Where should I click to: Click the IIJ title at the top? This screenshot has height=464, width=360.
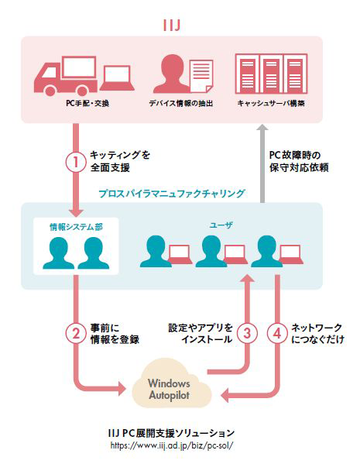[172, 25]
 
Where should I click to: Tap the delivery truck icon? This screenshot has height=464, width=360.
[66, 76]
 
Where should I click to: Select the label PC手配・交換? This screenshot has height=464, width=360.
[87, 103]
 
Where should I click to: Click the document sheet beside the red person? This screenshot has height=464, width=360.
[201, 76]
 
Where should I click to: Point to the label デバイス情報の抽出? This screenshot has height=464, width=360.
[180, 103]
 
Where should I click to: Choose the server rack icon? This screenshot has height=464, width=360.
[271, 74]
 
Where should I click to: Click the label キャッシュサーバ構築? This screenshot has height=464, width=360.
[271, 103]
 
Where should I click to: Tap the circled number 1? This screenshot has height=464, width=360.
[76, 162]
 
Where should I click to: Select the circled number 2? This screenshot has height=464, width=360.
[76, 334]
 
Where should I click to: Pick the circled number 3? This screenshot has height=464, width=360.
[247, 334]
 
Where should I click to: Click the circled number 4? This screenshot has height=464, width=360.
[277, 334]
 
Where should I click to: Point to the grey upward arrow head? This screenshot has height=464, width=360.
[262, 128]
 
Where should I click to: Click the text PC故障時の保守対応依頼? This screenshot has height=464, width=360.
[299, 161]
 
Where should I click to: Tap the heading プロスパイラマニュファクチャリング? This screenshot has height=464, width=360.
[172, 194]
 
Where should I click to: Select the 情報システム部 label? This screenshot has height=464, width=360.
[76, 227]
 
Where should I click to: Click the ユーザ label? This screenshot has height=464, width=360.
[221, 225]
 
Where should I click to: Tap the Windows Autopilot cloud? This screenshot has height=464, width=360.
[171, 383]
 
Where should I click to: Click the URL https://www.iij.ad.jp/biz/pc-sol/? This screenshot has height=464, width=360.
[172, 445]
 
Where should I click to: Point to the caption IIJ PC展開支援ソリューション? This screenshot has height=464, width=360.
[172, 433]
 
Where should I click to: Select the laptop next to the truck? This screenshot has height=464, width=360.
[117, 77]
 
